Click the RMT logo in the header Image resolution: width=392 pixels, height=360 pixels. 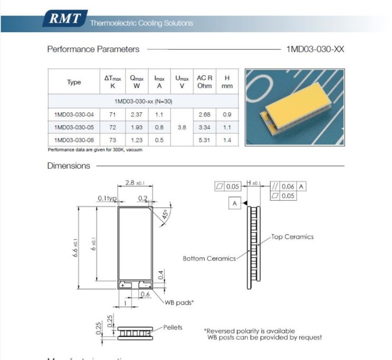click(x=65, y=20)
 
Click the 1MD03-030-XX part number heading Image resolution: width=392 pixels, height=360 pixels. click(x=315, y=49)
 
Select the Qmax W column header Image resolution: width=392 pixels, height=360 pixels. click(x=137, y=82)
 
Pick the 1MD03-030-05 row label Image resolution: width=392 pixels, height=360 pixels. click(x=74, y=127)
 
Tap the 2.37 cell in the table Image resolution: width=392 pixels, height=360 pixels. click(x=137, y=115)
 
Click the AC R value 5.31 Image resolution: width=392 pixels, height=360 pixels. click(x=204, y=140)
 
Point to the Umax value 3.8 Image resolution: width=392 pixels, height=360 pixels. click(x=182, y=127)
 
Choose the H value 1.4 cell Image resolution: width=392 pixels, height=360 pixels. click(x=227, y=140)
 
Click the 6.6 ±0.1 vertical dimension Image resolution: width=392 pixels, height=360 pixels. click(x=76, y=247)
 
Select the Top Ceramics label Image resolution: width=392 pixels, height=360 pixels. click(x=292, y=237)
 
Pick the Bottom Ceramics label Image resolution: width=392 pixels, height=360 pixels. click(x=209, y=258)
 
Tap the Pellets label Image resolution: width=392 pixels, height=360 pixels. click(x=173, y=327)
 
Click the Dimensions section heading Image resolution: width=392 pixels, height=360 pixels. click(x=69, y=166)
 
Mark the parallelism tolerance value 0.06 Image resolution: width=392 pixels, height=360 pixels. click(x=288, y=186)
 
